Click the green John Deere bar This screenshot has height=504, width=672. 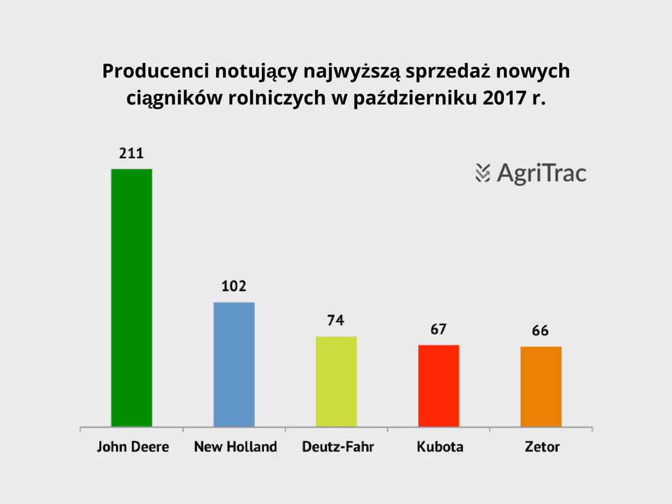point(132,297)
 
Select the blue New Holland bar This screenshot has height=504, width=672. point(234,364)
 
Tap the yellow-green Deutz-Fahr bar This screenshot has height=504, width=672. point(336,381)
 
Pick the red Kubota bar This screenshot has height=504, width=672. point(438,385)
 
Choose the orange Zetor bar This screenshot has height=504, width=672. point(541,386)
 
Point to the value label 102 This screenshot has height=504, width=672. point(234,287)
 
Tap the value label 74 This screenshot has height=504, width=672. point(336,321)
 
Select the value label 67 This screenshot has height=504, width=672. point(438,329)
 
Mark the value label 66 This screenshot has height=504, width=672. point(541,331)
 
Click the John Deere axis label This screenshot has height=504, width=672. point(133,447)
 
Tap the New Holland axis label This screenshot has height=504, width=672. point(236,447)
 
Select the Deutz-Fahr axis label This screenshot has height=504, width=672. point(337,447)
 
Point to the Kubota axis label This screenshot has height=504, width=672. point(440,447)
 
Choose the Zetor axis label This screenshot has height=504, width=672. point(542,447)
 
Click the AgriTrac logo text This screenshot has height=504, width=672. point(541,173)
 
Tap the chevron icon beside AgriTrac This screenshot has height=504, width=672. point(483,173)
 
